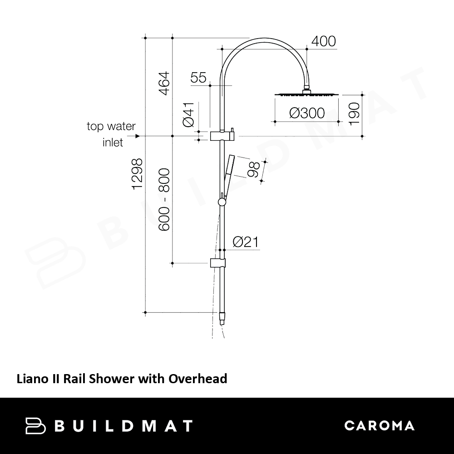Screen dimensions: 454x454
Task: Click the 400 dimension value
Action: (323, 41)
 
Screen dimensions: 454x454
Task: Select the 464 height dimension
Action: (164, 84)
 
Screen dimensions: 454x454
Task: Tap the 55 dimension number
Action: (198, 78)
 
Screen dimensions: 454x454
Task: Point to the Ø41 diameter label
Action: (188, 115)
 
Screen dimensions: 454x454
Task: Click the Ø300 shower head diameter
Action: (307, 113)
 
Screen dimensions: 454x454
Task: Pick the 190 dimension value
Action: (355, 114)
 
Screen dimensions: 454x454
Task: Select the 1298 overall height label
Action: (137, 174)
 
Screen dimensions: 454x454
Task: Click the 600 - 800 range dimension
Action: (164, 200)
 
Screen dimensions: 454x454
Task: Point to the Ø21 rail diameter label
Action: (246, 242)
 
